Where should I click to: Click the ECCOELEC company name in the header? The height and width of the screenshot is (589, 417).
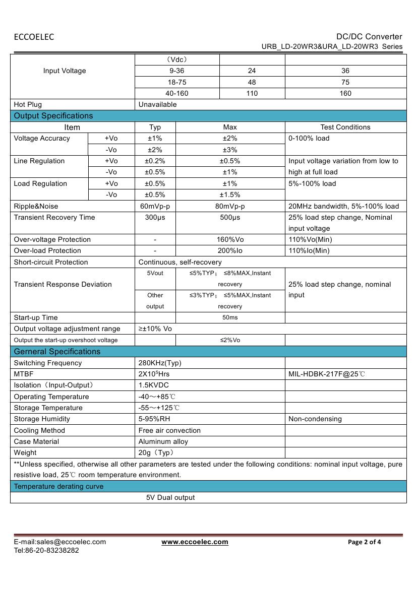pos(34,37)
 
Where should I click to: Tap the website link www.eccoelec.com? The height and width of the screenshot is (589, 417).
pos(195,542)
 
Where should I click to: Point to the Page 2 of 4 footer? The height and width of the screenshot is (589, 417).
pos(365,542)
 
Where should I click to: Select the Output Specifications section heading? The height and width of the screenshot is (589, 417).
pos(53,116)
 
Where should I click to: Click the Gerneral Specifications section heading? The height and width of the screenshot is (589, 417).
pos(57,352)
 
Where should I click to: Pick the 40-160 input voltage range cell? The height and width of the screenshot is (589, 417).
pos(177,93)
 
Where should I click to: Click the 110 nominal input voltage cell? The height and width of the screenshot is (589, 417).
pos(252,93)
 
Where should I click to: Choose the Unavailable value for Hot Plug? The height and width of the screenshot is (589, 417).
pos(158,105)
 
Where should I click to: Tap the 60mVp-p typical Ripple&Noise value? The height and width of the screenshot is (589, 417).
pos(155,206)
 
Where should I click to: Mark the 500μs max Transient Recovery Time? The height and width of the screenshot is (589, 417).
pos(230,218)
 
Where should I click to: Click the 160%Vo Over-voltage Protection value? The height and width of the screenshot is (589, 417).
pos(230,240)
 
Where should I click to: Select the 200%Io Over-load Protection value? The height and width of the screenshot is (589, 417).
pos(230,251)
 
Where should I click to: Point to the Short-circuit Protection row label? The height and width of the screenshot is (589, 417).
pos(51,262)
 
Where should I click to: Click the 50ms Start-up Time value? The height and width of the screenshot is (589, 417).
pos(230,318)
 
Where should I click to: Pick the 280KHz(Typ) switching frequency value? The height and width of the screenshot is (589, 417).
pos(160,363)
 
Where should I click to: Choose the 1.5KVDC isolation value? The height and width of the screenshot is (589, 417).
pos(154,385)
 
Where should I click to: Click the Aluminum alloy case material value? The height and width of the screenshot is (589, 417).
pos(163,442)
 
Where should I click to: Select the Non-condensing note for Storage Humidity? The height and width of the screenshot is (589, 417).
pos(315,419)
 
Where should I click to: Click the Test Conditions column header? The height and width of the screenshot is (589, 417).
pos(345,127)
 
